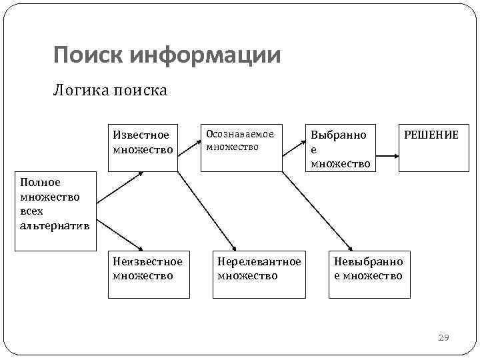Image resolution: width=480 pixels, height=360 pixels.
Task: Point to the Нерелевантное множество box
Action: [x=259, y=273]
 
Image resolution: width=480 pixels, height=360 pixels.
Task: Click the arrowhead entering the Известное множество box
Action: [x=140, y=173]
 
